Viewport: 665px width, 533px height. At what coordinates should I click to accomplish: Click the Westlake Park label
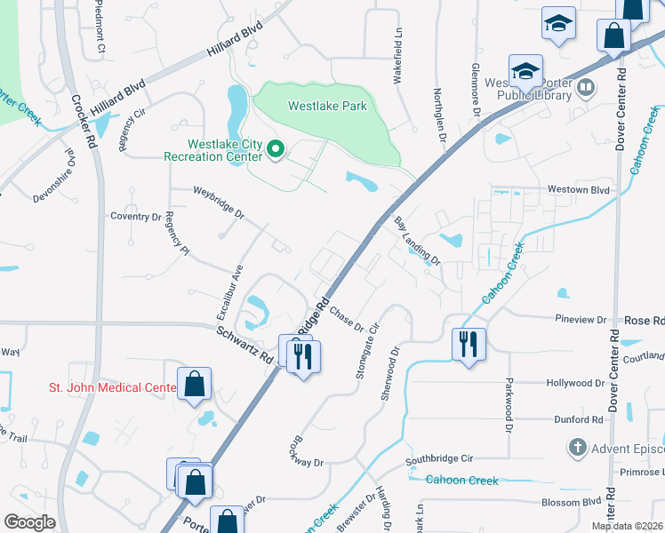[327, 106]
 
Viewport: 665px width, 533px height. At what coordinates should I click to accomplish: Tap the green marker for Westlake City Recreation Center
[276, 150]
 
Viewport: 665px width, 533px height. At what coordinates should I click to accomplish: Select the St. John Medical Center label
[112, 387]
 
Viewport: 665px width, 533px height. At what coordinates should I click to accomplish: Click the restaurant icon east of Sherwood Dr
[469, 343]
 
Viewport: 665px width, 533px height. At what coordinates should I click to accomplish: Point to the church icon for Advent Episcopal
[578, 447]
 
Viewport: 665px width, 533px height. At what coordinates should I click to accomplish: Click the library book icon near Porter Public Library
[586, 87]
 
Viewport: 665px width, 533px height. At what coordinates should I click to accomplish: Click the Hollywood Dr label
[574, 383]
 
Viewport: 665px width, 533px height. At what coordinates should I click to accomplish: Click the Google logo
[29, 521]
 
